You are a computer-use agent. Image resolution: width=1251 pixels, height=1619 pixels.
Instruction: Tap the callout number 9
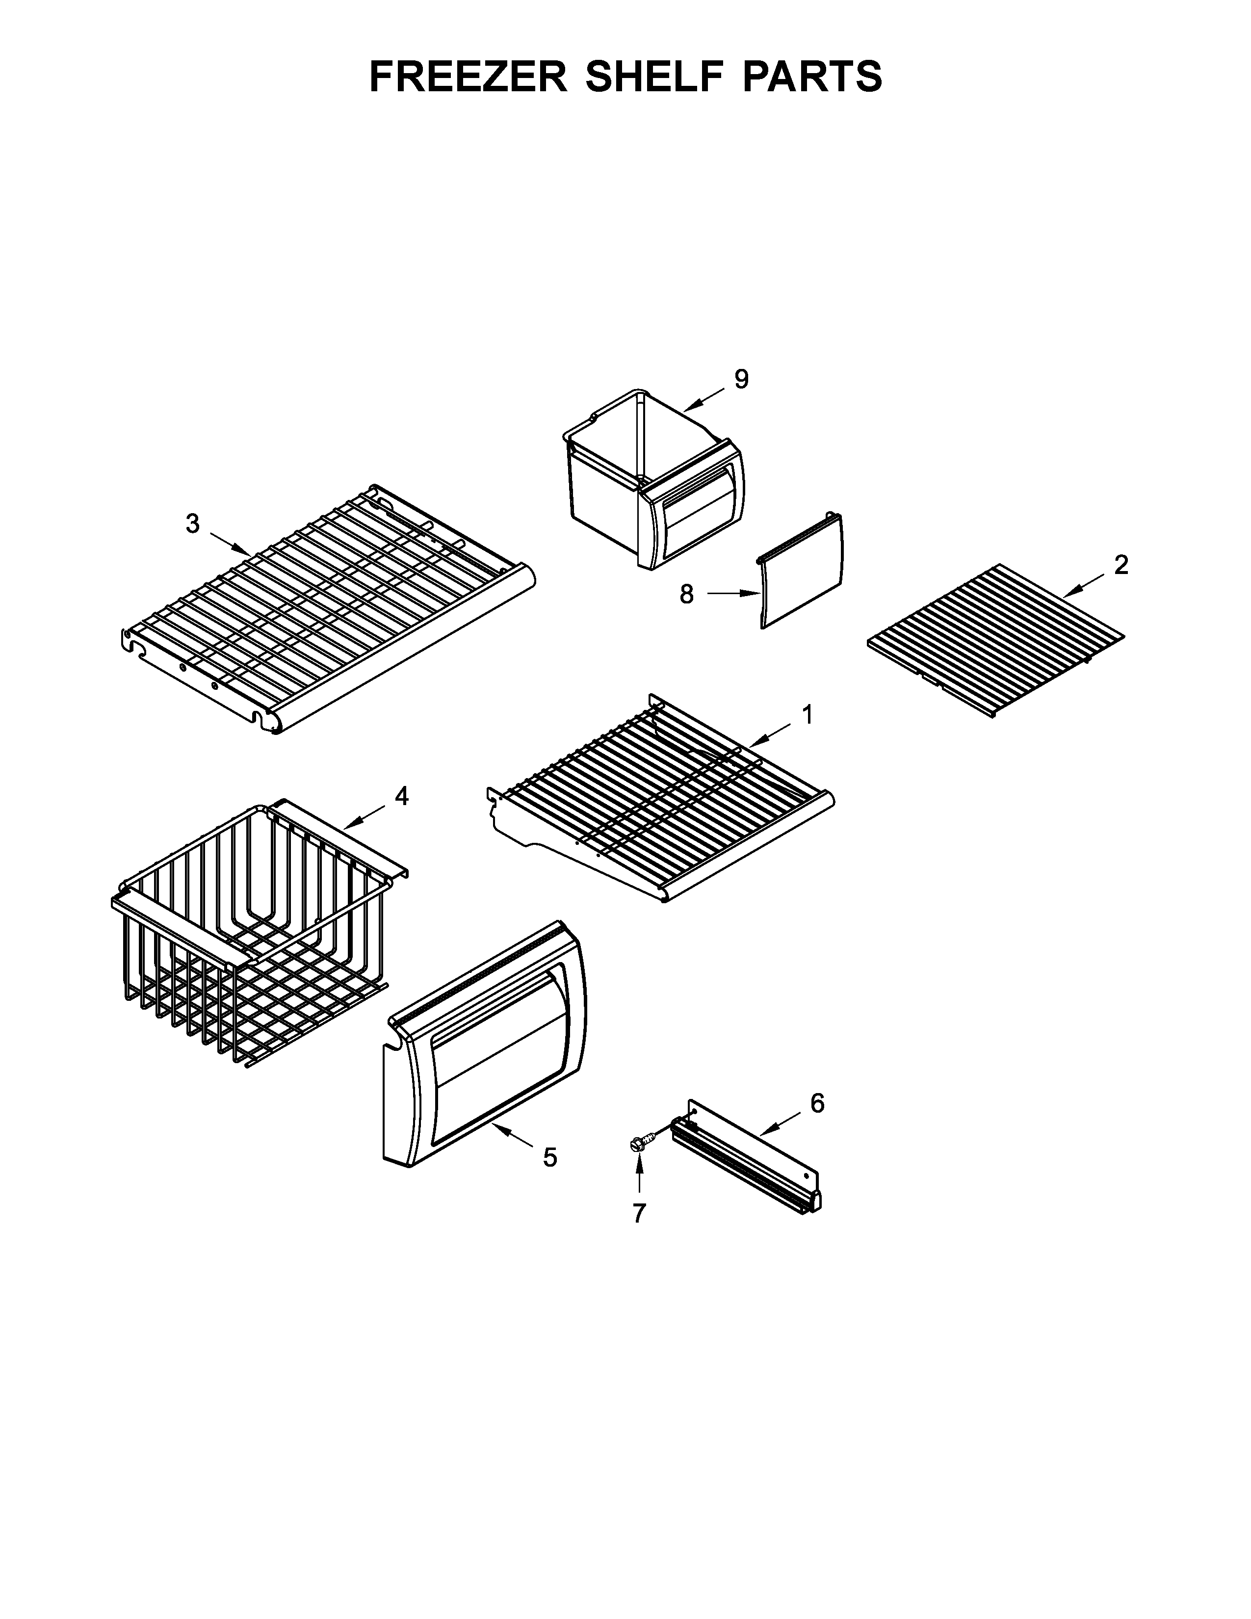pos(741,380)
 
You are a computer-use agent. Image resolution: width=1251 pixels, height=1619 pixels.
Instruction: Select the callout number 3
pos(193,524)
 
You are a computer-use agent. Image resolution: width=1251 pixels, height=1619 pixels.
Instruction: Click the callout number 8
pos(687,594)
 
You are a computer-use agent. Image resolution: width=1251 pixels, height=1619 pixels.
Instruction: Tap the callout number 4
pos(401,796)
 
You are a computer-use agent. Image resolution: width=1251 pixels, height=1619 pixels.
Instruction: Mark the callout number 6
pos(817,1104)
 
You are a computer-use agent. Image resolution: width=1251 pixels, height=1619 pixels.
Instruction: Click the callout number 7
pos(639,1213)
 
